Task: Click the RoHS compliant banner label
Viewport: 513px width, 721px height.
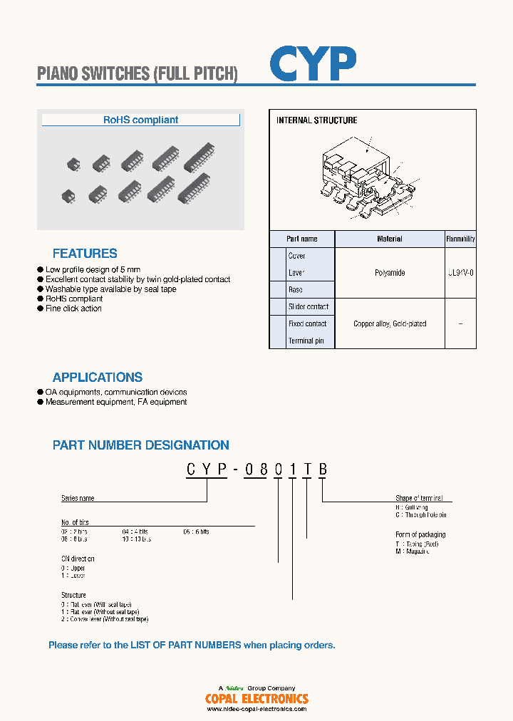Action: (x=140, y=120)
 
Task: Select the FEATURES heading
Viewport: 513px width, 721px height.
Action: (x=85, y=254)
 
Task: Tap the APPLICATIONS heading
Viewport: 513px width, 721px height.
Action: (x=98, y=378)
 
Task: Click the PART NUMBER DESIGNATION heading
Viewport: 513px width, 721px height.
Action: (x=141, y=445)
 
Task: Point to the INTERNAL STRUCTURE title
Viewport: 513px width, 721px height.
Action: (x=316, y=120)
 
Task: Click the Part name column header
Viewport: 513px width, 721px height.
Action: (x=302, y=239)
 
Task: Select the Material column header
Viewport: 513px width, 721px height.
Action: (x=390, y=239)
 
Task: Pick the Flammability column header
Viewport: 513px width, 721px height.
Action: (x=460, y=239)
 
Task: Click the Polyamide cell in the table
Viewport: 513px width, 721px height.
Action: (x=390, y=273)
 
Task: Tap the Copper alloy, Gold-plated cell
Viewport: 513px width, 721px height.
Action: (x=390, y=323)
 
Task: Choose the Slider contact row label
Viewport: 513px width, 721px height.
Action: (x=308, y=307)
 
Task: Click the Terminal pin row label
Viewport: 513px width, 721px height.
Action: (x=306, y=341)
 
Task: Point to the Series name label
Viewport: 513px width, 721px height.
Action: (x=78, y=499)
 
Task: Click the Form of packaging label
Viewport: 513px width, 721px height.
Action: (x=420, y=534)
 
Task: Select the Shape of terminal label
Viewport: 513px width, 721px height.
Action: (x=419, y=498)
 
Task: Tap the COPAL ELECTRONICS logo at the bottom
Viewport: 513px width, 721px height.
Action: (x=256, y=699)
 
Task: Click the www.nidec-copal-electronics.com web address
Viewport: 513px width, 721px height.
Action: (x=256, y=709)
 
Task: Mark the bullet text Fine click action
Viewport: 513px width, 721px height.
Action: (x=73, y=308)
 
